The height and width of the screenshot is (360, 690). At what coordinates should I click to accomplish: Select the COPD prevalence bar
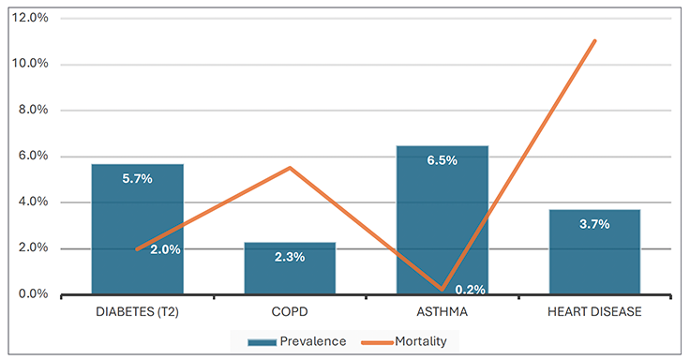(290, 268)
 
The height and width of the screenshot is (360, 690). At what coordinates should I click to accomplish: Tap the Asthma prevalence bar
(442, 220)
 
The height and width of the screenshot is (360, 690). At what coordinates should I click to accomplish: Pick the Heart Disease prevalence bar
(594, 252)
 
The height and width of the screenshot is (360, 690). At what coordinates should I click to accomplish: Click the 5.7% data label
(137, 179)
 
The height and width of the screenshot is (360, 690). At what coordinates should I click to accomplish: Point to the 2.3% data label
(290, 257)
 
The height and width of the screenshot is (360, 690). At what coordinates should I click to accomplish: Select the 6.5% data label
(442, 160)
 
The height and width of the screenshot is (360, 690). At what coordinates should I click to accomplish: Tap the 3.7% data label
(594, 224)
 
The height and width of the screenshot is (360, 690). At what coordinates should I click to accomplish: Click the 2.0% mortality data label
(165, 250)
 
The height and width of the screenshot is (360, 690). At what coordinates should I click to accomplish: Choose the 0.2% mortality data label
(471, 290)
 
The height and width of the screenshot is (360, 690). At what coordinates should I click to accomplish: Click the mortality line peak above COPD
(290, 168)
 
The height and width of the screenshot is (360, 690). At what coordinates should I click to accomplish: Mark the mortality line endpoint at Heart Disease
(594, 41)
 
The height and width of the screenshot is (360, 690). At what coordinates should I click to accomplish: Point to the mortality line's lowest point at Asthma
(442, 289)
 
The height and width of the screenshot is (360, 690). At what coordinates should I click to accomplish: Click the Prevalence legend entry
(296, 341)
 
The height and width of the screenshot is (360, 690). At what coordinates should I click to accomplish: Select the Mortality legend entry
(404, 341)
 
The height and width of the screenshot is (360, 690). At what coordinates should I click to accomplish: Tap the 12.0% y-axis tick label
(30, 18)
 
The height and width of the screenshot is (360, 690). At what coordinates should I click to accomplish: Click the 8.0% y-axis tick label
(33, 110)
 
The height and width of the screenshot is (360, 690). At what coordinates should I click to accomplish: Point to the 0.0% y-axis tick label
(33, 293)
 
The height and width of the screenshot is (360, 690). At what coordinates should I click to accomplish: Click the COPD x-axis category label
(290, 312)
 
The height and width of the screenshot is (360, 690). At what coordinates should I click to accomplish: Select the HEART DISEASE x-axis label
(594, 312)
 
